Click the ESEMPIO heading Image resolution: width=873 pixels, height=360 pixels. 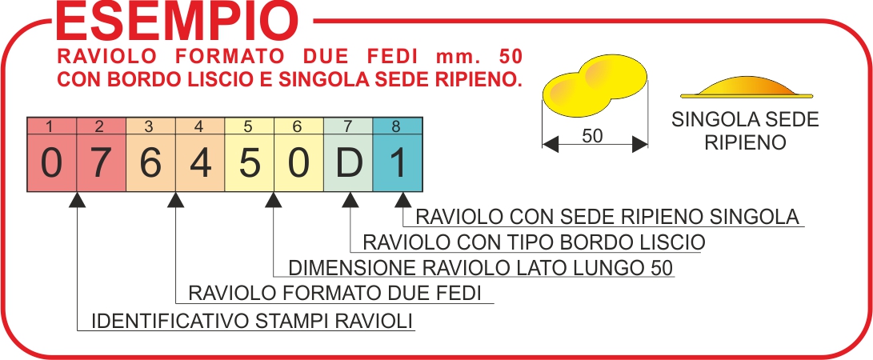pos(177,22)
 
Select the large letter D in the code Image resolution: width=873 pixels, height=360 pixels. pos(349,164)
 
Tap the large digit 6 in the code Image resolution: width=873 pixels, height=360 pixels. pos(150,164)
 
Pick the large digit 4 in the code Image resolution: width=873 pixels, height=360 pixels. pos(200,164)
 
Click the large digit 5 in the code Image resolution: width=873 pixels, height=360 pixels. pos(250,164)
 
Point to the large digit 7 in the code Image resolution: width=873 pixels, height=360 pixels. pos(102,164)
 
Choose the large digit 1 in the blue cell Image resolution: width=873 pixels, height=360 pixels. pos(396,164)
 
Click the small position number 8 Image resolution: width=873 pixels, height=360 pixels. pos(396,127)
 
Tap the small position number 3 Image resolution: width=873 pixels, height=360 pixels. pos(149,127)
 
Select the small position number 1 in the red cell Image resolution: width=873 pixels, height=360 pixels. pos(50,127)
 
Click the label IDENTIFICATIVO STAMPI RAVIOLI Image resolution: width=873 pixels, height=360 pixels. pos(252,321)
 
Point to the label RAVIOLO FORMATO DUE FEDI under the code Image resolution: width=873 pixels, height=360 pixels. pos(334,293)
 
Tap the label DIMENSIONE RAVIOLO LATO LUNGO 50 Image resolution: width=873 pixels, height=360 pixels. pos(481,268)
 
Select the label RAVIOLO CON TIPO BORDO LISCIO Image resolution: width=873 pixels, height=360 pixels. pos(534,242)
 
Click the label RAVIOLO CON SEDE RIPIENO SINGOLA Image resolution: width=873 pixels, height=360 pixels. pos(607,217)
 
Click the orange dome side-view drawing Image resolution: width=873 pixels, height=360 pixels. pos(747,87)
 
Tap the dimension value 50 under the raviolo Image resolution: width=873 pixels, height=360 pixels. pos(592,136)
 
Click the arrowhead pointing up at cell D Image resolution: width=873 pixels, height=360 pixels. pos(350,200)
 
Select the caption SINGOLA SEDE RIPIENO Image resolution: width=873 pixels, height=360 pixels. pos(746,130)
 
